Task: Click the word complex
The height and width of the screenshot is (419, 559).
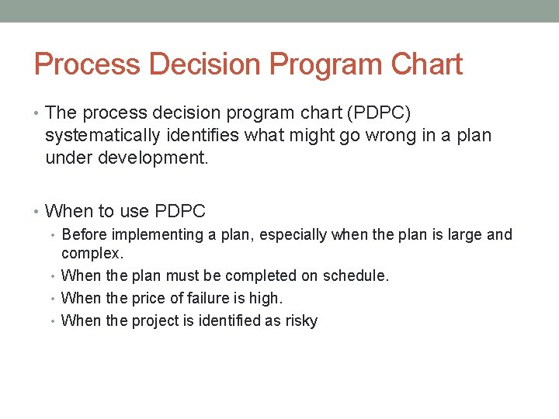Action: point(92,253)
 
